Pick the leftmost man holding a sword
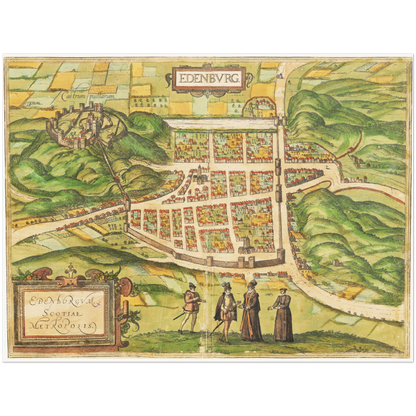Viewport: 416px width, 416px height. coord(190,307)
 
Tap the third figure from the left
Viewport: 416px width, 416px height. coord(251,311)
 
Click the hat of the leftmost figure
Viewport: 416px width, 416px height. coord(192,286)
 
